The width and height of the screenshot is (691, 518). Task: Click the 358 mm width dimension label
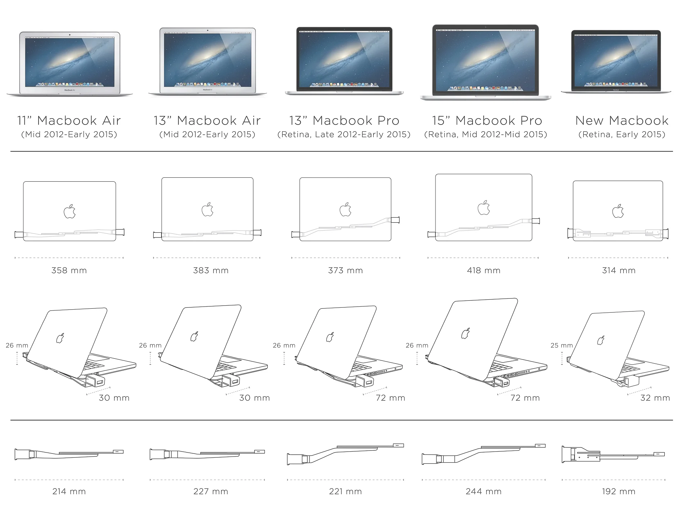[x=69, y=271]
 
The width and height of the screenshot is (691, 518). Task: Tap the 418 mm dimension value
[x=484, y=271]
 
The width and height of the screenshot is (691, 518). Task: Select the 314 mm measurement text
[x=619, y=271]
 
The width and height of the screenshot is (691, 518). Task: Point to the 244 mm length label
[x=483, y=491]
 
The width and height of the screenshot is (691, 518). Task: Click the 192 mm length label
[x=618, y=491]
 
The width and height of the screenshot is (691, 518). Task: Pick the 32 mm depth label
[x=655, y=398]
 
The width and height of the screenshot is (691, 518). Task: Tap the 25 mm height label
[x=561, y=345]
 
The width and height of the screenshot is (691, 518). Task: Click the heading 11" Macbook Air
[x=69, y=121]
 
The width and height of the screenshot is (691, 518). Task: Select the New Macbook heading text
[x=622, y=121]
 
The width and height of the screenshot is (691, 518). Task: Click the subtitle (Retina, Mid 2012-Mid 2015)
[x=485, y=135]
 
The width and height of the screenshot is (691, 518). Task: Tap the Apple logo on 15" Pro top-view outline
[x=484, y=208]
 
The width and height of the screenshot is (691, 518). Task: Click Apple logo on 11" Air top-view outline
[x=70, y=212]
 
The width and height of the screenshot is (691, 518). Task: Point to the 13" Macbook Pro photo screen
[x=344, y=59]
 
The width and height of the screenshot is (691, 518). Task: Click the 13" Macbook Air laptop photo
[x=208, y=61]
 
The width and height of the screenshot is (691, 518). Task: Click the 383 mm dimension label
[x=211, y=271]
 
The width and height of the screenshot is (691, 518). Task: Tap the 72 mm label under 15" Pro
[x=525, y=398]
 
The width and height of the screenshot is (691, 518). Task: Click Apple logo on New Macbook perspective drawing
[x=601, y=340]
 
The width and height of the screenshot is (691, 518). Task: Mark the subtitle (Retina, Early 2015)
[x=622, y=135]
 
